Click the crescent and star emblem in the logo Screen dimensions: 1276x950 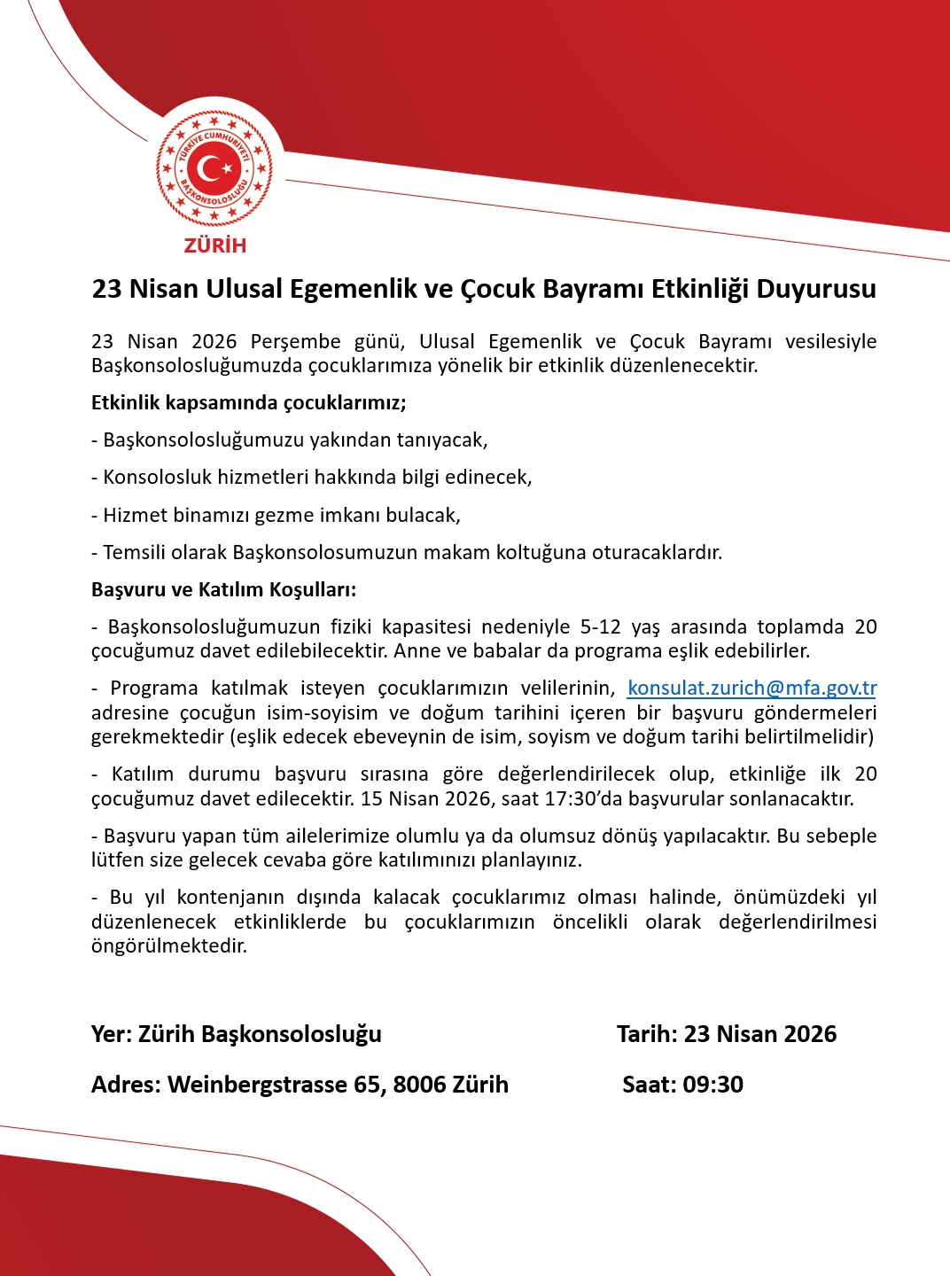click(214, 167)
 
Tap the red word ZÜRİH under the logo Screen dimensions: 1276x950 click(215, 245)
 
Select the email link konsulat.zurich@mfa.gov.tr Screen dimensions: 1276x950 click(751, 688)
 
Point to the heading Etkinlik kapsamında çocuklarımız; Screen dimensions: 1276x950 click(249, 403)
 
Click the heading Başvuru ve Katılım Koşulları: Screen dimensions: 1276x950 click(223, 589)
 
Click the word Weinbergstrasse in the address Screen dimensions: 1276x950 click(258, 1085)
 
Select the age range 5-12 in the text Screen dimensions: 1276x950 click(600, 626)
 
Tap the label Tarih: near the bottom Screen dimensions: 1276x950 click(647, 1034)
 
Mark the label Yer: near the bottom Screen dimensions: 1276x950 click(112, 1034)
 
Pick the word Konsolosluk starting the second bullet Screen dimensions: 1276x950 click(152, 478)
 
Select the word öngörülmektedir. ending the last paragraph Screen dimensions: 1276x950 click(169, 945)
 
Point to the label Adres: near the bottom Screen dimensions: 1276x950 click(126, 1085)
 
